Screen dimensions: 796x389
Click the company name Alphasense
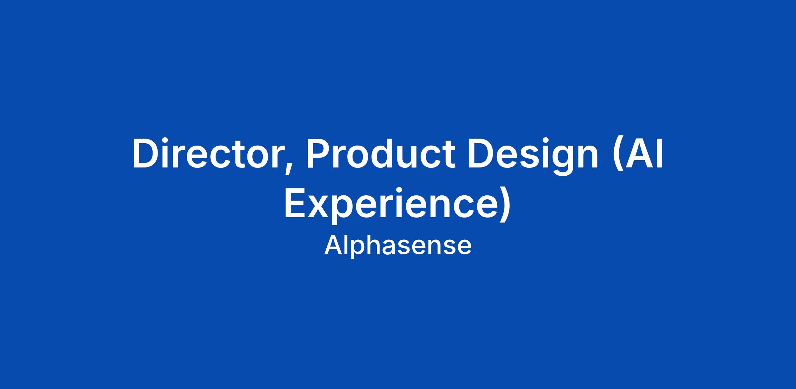[x=398, y=245]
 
